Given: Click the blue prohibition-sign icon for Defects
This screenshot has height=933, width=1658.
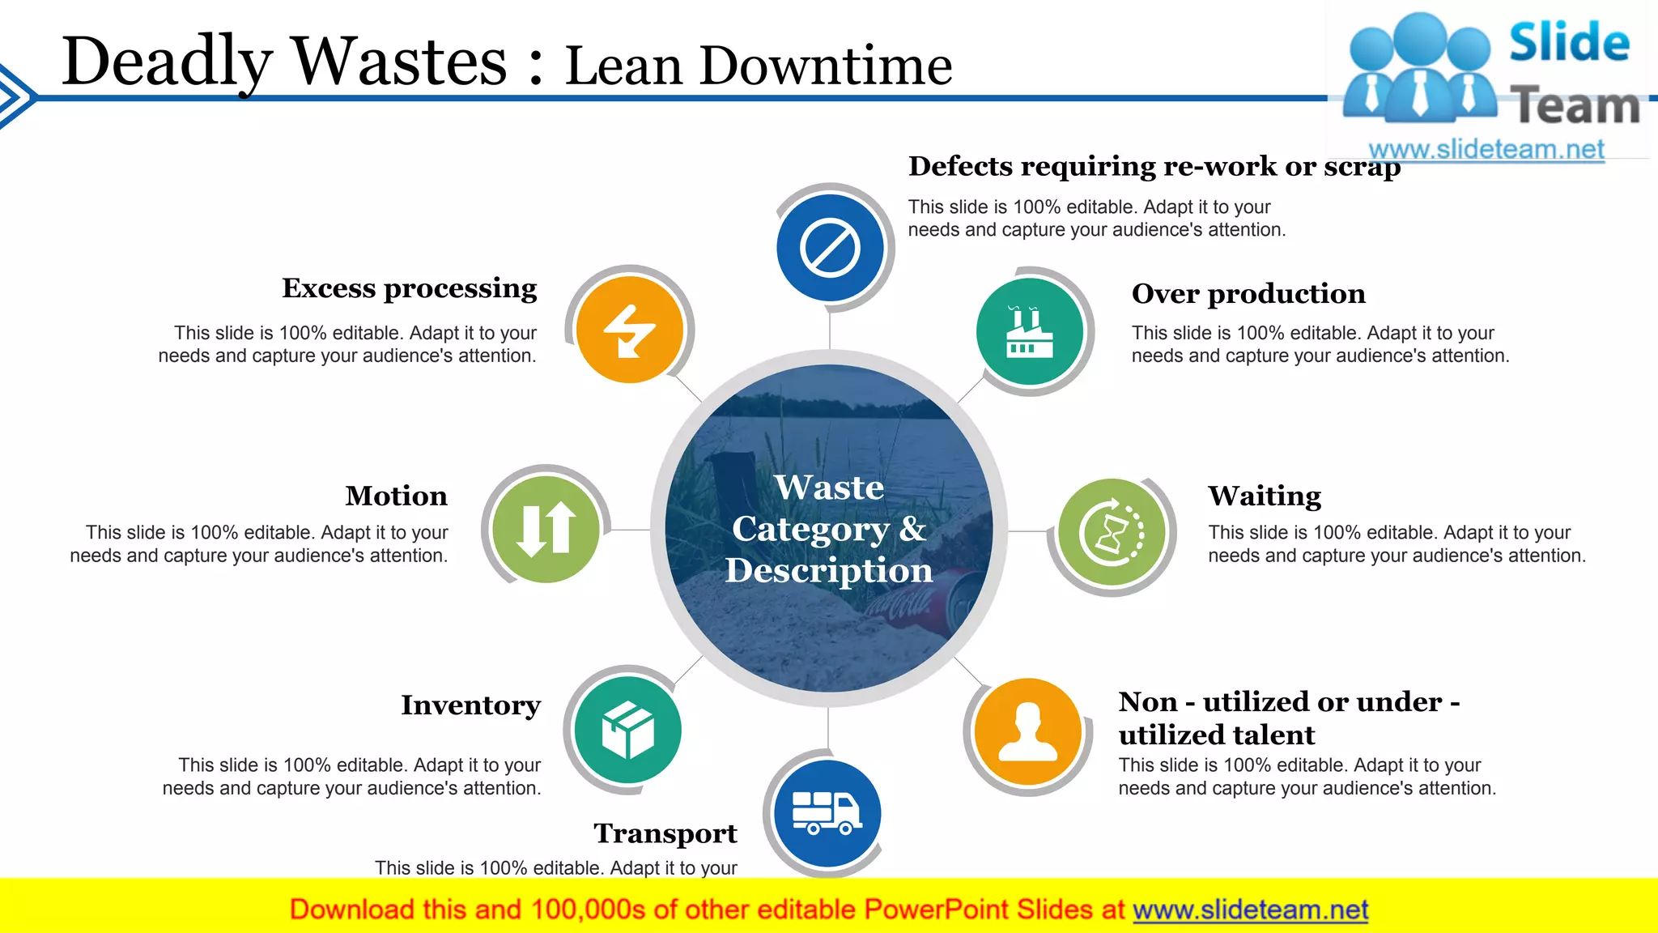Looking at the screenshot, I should (x=830, y=248).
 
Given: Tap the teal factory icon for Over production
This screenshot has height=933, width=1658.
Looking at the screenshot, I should (x=1029, y=331).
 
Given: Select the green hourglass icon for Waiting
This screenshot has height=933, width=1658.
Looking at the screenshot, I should (x=1112, y=532).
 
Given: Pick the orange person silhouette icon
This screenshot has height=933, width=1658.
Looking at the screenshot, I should (x=1027, y=731).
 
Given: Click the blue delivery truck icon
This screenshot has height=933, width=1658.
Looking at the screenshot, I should (x=827, y=813).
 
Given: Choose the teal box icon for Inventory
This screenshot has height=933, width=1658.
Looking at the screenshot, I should (x=627, y=730).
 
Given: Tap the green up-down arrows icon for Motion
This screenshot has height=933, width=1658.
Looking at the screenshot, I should (x=546, y=530).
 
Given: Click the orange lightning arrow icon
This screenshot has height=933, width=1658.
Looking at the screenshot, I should (x=629, y=330).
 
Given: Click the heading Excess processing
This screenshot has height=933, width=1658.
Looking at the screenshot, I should (x=409, y=288).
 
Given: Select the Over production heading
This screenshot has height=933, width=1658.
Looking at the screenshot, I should (x=1248, y=294).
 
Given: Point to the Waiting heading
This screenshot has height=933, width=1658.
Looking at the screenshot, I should (x=1265, y=496).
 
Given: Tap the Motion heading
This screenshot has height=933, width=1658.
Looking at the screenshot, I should (x=396, y=496).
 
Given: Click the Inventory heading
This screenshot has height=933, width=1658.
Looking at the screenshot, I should (x=470, y=705).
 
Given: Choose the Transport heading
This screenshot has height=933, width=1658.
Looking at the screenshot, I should (x=665, y=833).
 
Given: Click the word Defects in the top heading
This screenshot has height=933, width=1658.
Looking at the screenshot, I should (x=960, y=166).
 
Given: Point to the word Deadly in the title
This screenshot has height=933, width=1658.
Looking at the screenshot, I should (x=167, y=63).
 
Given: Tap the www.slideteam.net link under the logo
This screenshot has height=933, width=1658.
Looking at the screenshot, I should (x=1486, y=150).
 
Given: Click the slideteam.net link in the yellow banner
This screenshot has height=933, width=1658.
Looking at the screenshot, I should (x=1250, y=910).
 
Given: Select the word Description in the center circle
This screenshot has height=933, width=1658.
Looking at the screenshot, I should (x=829, y=571).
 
